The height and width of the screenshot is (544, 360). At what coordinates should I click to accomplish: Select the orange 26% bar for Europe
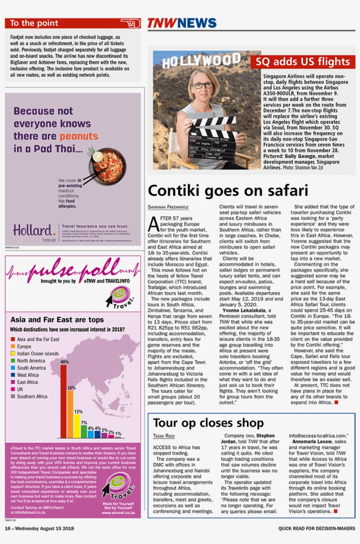click(71, 414)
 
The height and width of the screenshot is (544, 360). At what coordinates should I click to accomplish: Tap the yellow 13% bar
click(77, 426)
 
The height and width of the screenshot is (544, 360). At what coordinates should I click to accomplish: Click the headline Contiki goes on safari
click(228, 190)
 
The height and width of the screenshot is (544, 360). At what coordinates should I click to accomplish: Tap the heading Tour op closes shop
click(208, 423)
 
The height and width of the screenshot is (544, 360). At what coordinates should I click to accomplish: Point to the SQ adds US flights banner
click(302, 62)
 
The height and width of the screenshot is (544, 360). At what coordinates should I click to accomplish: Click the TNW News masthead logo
click(182, 23)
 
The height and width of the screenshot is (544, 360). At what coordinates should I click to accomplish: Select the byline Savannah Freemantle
click(168, 207)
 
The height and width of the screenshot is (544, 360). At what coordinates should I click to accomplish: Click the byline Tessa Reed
click(164, 436)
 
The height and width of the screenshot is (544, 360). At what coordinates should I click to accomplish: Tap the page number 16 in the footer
click(7, 529)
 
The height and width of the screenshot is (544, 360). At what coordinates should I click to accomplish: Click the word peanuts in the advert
click(79, 136)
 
